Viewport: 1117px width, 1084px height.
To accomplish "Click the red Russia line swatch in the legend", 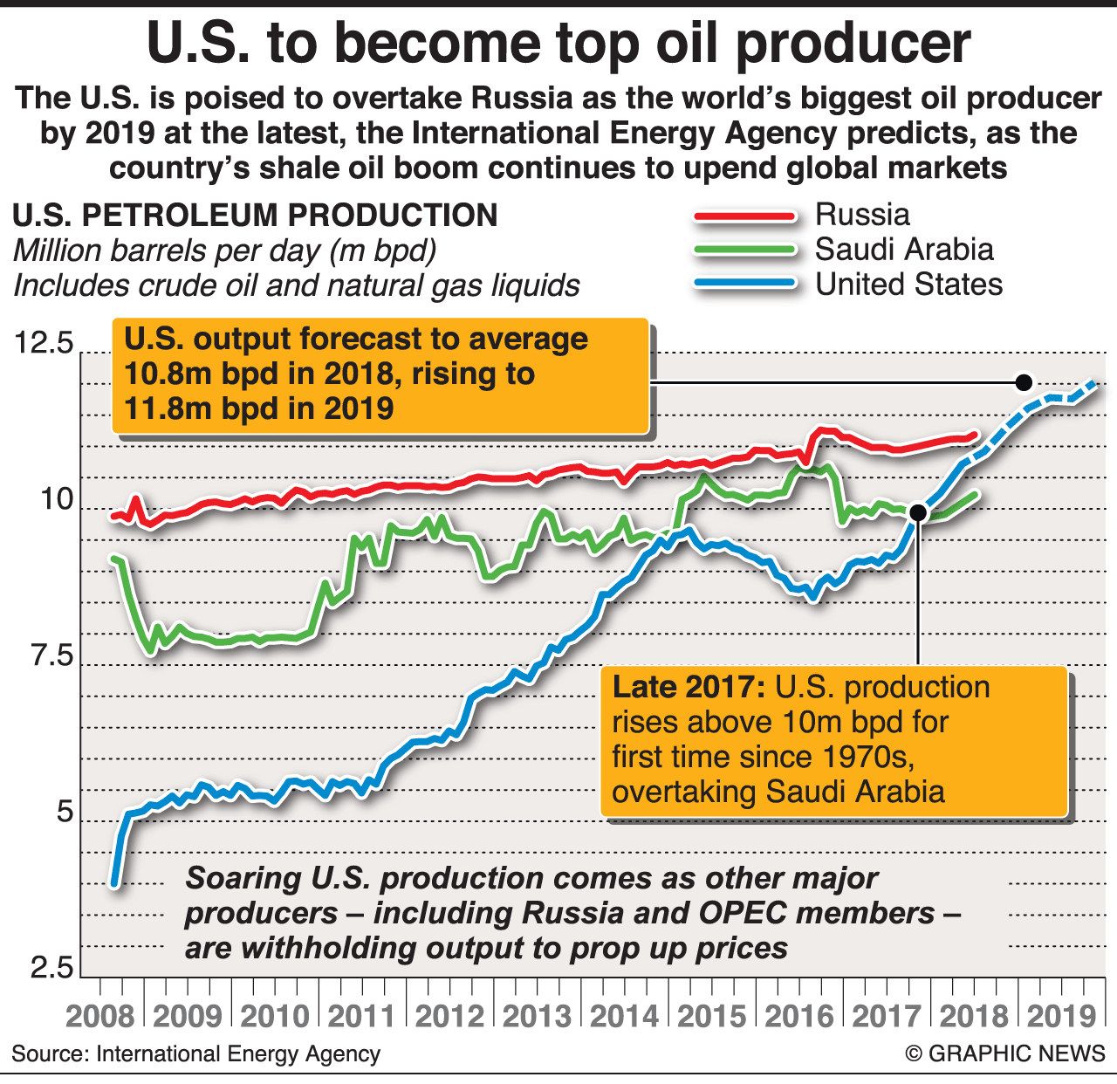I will (x=744, y=216).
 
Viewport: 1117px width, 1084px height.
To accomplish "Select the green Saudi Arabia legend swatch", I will (x=744, y=250).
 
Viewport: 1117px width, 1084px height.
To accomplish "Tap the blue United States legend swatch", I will (x=744, y=285).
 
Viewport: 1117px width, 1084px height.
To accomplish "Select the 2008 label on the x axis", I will (x=100, y=1016).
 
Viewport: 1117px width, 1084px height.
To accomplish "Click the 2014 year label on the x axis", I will (x=625, y=1016).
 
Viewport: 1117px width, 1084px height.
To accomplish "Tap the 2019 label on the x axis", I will (x=1061, y=1016).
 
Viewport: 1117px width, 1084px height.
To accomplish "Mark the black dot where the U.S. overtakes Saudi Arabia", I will (x=917, y=512).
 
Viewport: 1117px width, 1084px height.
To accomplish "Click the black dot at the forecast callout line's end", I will (x=1024, y=382).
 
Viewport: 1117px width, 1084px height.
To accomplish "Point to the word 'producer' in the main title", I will (x=853, y=44).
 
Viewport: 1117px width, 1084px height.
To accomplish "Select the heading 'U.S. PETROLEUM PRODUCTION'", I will (x=255, y=216).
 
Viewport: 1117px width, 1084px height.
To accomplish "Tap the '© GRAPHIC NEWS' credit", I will (x=1004, y=1053).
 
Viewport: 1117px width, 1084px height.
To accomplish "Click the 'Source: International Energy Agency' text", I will (x=196, y=1053).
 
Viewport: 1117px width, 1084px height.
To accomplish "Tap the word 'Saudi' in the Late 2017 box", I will (x=805, y=792).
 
